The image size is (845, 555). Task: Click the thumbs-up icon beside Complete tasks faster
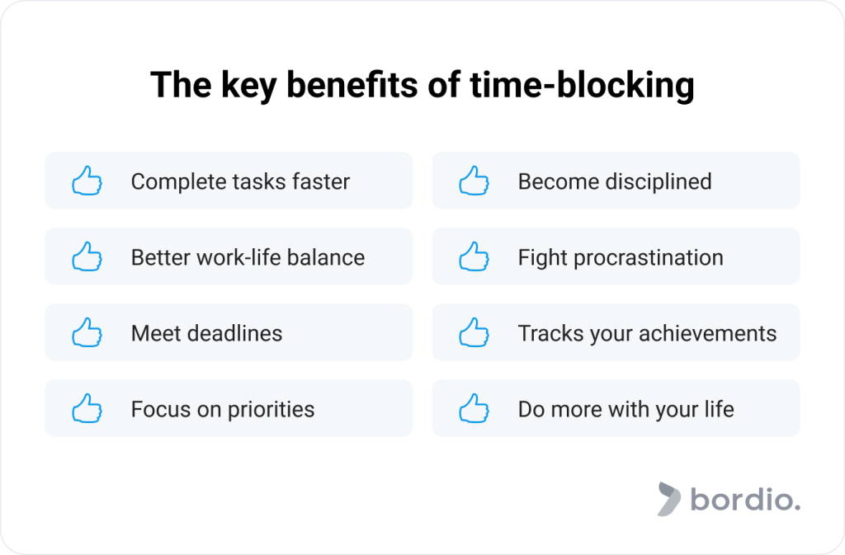pos(87,181)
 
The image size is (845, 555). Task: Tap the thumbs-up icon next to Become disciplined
pos(474,181)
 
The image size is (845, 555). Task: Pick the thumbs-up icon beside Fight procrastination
pos(474,256)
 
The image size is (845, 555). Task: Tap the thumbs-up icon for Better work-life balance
pos(87,256)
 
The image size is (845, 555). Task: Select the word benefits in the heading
pos(367,87)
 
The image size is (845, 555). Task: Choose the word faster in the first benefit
pos(318,181)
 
